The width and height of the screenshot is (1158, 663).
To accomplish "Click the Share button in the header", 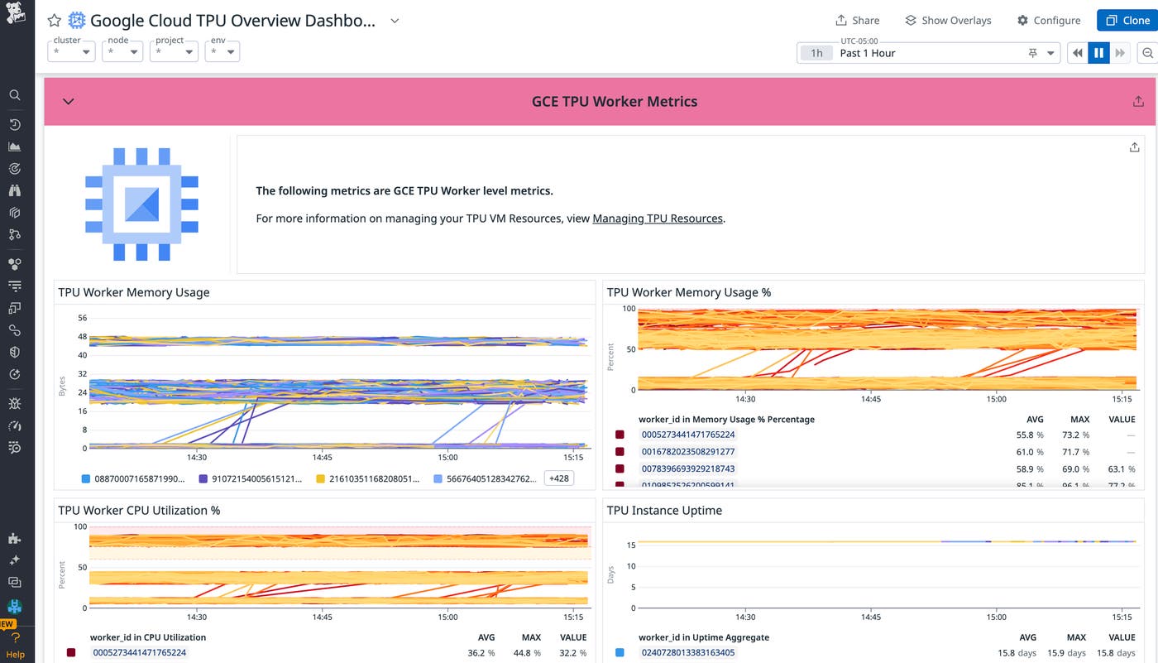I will [857, 21].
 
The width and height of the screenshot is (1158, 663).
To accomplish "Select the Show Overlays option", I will [948, 21].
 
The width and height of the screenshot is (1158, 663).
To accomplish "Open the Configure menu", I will [1048, 21].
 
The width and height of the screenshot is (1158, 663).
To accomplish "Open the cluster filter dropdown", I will [71, 51].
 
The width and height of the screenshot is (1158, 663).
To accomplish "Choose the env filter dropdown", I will [223, 51].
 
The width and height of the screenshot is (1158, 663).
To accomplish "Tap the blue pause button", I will [1098, 53].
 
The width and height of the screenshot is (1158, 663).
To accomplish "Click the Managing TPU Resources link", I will [658, 219].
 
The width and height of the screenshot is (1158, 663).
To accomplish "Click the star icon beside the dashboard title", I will [55, 21].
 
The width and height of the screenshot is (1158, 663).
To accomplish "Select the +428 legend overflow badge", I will [559, 478].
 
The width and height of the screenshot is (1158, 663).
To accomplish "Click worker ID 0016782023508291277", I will [688, 452].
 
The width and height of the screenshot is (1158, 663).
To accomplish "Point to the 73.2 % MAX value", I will [1075, 435].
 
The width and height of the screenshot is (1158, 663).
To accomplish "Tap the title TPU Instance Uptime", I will [664, 511].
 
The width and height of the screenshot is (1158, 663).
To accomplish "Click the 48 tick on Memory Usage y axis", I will [82, 337].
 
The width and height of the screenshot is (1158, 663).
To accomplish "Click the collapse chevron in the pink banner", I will [69, 102].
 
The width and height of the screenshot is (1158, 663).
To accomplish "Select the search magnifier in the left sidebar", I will [14, 95].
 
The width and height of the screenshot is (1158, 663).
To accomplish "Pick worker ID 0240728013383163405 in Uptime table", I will [688, 653].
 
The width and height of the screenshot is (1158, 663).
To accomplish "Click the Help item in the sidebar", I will [16, 654].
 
